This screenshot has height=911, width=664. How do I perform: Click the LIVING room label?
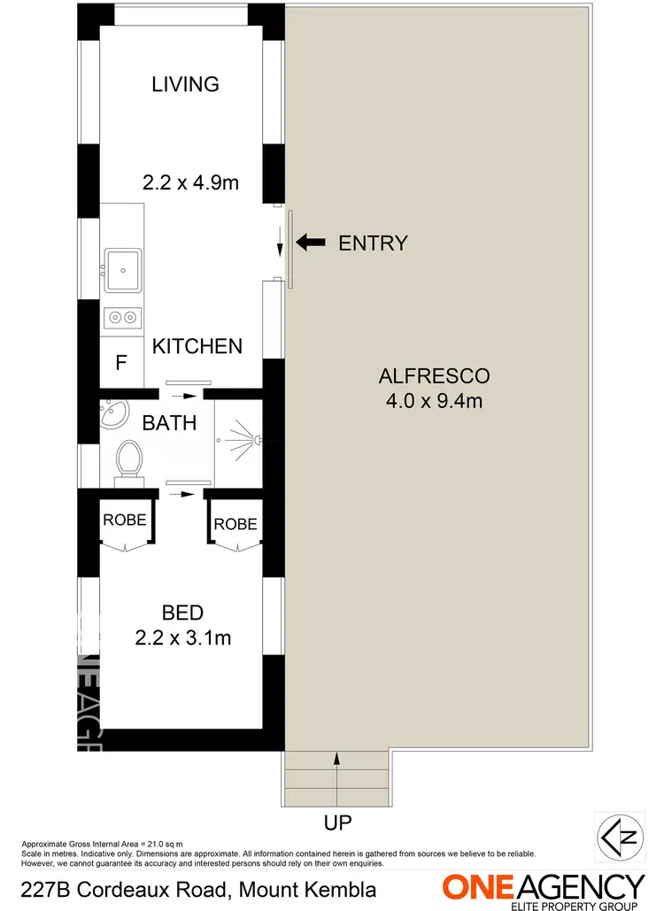tap(185, 84)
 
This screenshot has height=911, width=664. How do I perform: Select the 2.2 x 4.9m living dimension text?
tap(191, 183)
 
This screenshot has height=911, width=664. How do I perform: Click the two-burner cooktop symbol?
tap(122, 317)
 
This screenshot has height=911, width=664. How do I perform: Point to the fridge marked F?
tap(121, 362)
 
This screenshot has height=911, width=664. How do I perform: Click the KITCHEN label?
tap(197, 345)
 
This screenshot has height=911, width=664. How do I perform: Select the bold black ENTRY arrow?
tap(311, 243)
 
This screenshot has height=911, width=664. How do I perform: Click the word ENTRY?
tap(373, 243)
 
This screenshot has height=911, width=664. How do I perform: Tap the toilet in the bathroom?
tap(129, 460)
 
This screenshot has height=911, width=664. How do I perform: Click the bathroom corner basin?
tap(113, 413)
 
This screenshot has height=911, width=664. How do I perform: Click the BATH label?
tap(169, 422)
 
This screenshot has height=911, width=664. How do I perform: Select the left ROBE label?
tap(124, 520)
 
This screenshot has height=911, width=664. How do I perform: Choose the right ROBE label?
tap(235, 523)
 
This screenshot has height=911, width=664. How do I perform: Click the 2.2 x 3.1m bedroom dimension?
tap(183, 637)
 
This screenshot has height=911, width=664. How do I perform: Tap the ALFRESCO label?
tap(434, 375)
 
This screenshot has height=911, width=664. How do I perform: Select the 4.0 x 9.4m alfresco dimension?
tap(434, 401)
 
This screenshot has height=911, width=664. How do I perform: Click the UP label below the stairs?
tap(337, 822)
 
